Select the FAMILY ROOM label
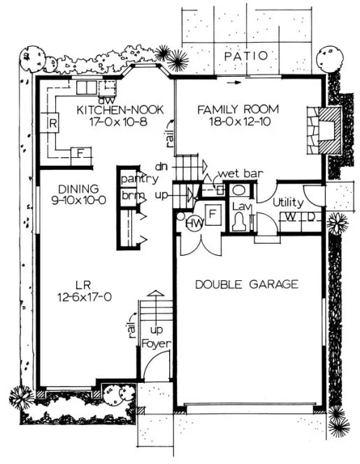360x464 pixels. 237,110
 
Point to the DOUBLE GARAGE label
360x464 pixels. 247,284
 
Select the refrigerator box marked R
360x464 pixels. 52,124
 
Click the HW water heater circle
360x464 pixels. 194,223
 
